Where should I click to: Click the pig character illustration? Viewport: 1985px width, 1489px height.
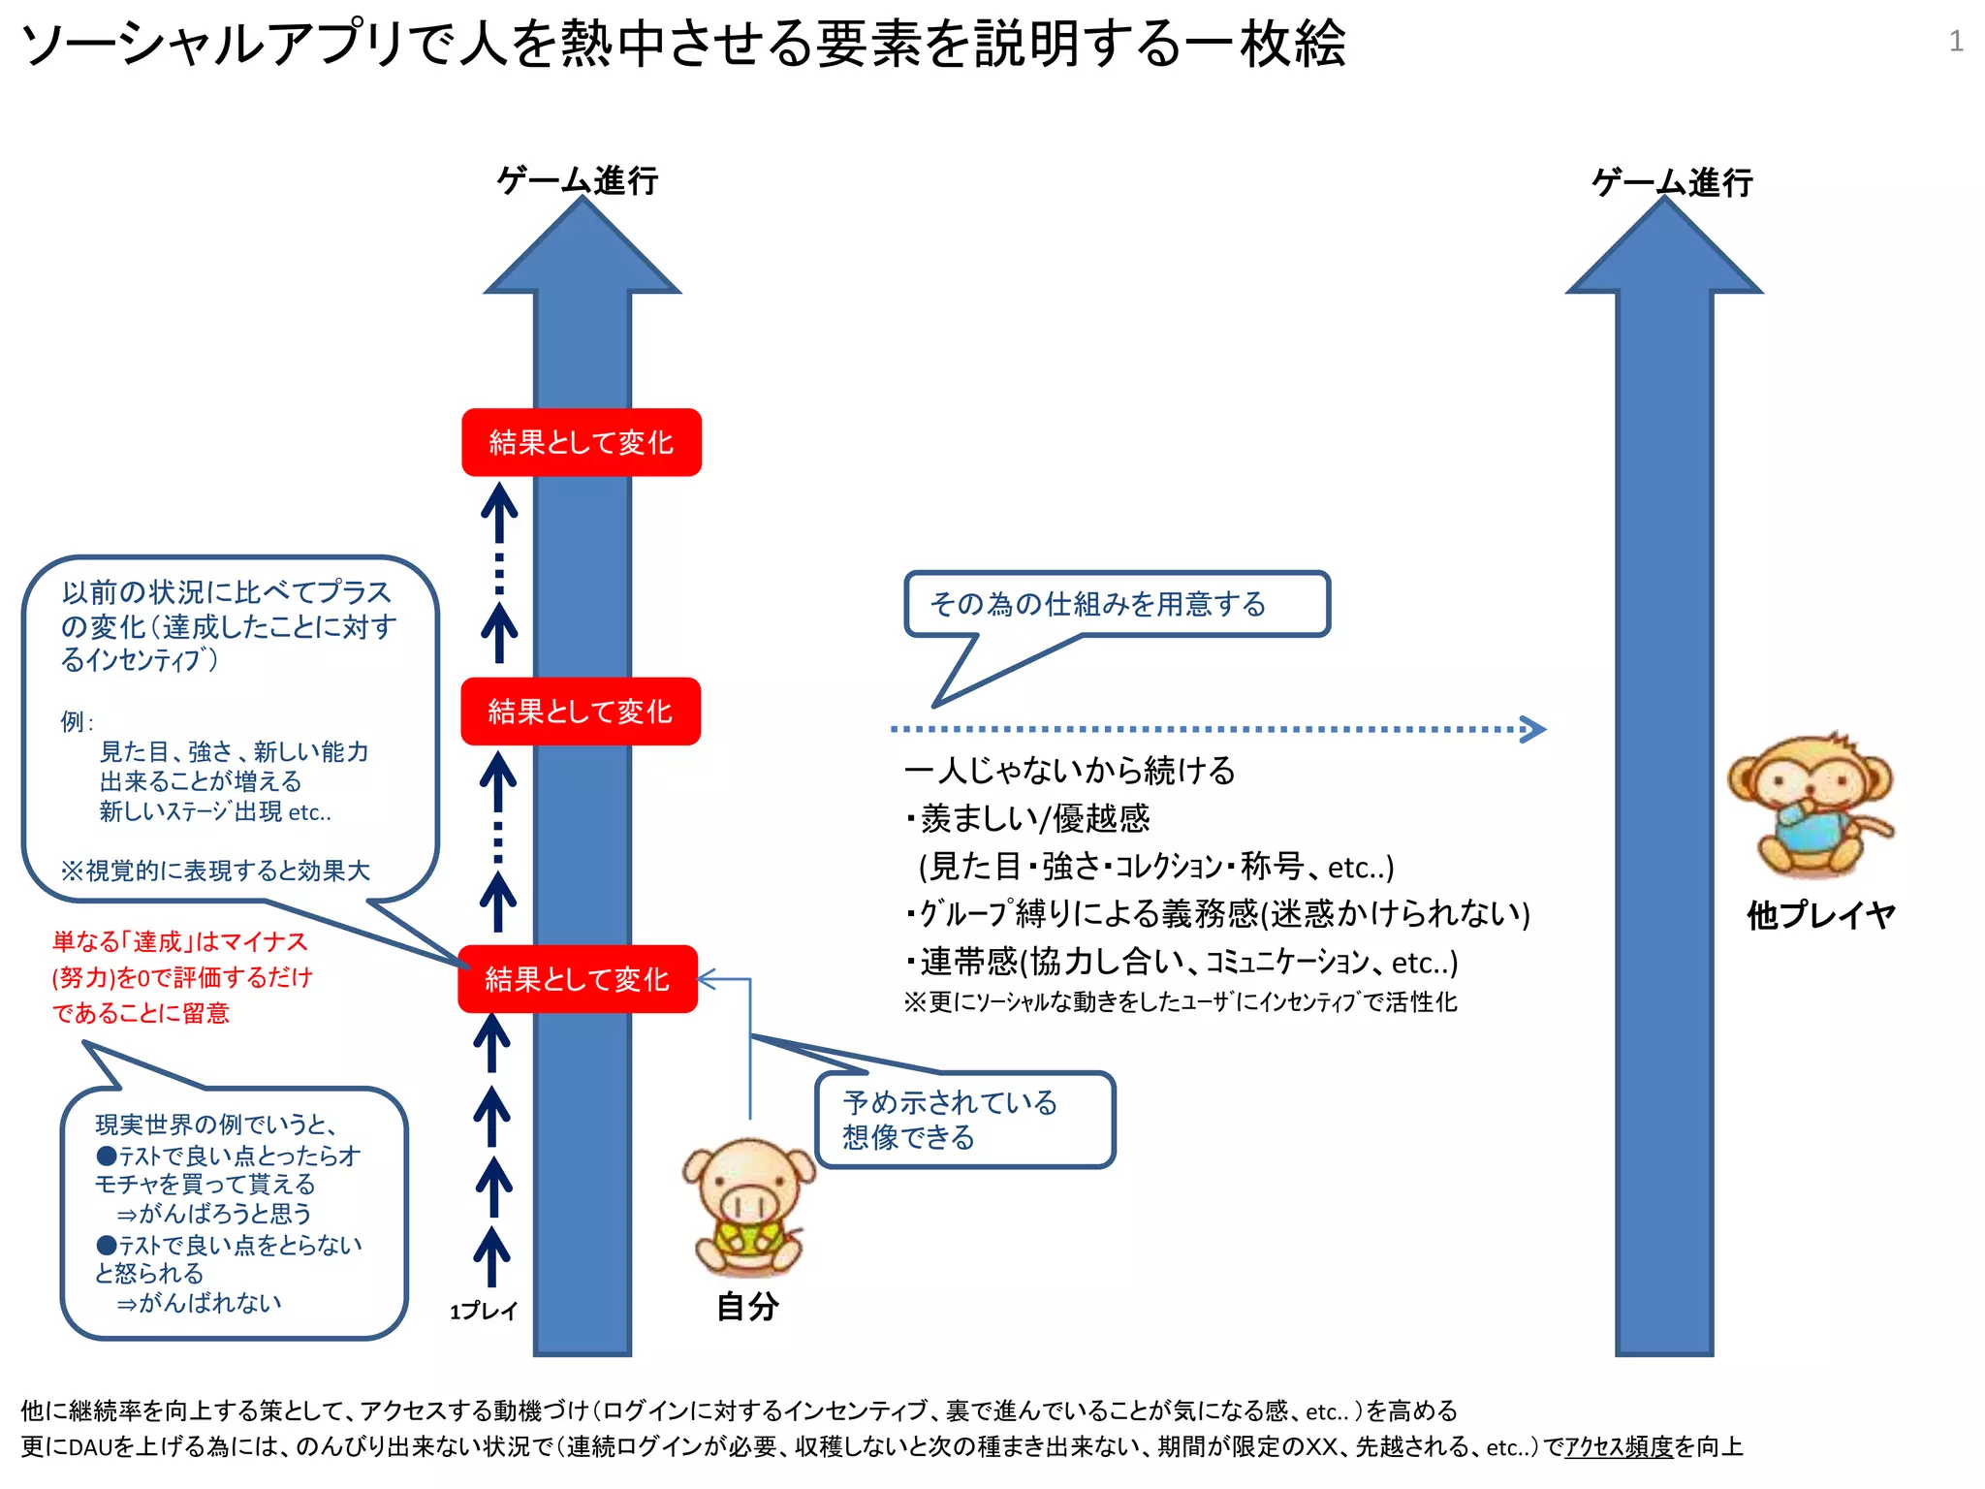coord(748,1206)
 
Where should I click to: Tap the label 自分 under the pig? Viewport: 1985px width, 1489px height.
coord(747,1307)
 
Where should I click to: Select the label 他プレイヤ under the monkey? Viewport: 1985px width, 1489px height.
coord(1820,915)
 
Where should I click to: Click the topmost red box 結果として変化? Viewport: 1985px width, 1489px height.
coord(582,443)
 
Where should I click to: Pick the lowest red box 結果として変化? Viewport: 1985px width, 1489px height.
coord(578,979)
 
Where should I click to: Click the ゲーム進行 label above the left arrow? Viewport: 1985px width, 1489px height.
coord(578,180)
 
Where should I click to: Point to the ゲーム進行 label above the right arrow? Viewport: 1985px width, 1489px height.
coord(1673,182)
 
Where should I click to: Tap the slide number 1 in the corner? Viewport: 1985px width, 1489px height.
coord(1956,41)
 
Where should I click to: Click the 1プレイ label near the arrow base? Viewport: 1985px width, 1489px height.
coord(484,1312)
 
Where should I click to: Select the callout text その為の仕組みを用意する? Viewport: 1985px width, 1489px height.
coord(1098,604)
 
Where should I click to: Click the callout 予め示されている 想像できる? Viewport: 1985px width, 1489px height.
coord(950,1120)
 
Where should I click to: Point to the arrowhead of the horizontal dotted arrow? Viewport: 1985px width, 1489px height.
coord(1533,729)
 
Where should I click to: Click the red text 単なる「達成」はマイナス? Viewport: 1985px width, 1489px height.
coord(180,941)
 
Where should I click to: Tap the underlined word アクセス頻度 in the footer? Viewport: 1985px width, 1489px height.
coord(1619,1447)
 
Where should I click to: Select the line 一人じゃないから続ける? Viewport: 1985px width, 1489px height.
coord(1069,771)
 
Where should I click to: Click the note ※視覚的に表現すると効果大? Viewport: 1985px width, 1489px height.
coord(215,871)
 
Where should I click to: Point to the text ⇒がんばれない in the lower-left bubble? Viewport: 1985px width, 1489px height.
coord(200,1303)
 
